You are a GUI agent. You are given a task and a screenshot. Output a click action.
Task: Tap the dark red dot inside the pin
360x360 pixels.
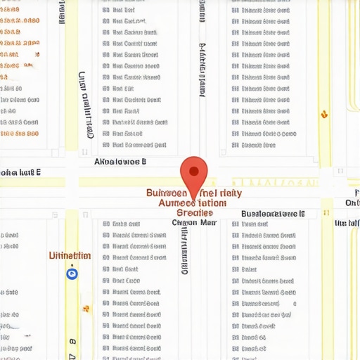(194, 169)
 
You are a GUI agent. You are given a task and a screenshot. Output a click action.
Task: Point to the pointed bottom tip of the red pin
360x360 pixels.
(194, 188)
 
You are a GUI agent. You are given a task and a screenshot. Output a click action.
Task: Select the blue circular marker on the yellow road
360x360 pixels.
(71, 274)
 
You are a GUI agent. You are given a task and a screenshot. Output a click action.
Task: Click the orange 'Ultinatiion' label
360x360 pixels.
(70, 255)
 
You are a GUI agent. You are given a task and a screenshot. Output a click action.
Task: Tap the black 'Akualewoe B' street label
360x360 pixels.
(120, 161)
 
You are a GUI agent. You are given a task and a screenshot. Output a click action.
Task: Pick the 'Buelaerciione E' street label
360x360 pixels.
(273, 213)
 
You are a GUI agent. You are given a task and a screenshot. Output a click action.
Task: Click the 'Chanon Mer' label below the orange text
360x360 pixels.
(195, 222)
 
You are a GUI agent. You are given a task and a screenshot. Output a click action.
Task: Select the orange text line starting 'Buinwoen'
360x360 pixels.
(194, 193)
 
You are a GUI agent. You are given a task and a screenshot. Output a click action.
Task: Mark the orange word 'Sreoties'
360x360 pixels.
(195, 212)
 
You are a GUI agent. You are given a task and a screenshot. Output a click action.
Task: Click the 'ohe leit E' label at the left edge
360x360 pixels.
(20, 172)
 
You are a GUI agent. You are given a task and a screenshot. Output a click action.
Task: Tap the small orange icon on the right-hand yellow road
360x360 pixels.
(324, 113)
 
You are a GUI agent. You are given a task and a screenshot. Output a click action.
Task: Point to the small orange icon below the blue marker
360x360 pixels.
(86, 308)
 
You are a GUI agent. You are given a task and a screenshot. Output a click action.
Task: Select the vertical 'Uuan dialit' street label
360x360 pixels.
(86, 105)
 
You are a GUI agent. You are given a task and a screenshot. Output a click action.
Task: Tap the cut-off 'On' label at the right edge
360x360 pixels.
(352, 202)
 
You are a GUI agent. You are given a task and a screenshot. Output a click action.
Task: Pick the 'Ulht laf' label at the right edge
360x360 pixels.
(347, 223)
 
